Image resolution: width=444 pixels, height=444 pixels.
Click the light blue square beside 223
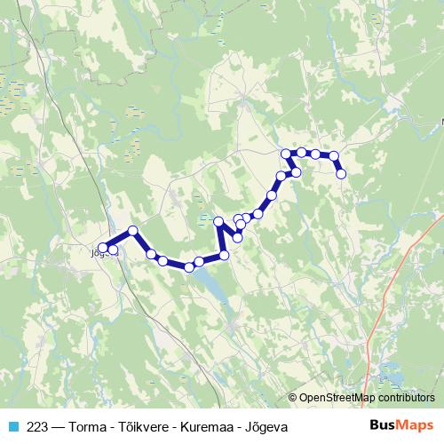(x=13, y=427)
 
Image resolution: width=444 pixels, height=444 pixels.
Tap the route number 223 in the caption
(x=38, y=427)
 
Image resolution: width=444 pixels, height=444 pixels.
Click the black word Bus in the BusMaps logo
(x=383, y=425)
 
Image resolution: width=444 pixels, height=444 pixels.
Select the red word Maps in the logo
(x=416, y=425)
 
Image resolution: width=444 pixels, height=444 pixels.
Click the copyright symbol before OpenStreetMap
(x=293, y=398)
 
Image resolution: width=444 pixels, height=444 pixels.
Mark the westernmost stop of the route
(x=103, y=248)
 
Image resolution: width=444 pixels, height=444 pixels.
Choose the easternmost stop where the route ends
(x=341, y=174)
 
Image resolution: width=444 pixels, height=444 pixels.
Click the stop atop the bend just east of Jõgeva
(x=133, y=231)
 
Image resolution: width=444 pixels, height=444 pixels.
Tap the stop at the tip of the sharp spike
(x=218, y=221)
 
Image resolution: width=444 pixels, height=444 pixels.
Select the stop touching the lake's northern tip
(x=189, y=266)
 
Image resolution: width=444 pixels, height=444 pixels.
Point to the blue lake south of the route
(x=211, y=284)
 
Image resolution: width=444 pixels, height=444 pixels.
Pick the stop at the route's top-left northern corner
(x=286, y=154)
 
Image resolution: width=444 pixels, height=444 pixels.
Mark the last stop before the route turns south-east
(x=334, y=156)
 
